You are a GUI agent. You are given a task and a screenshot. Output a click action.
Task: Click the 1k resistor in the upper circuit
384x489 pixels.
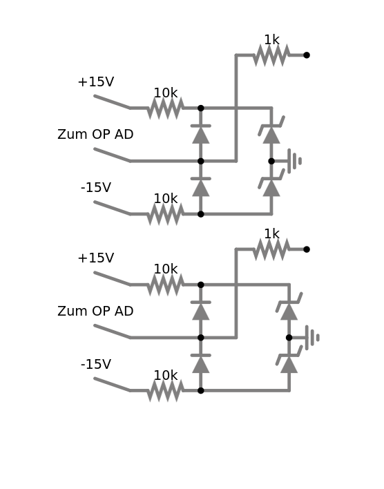271,55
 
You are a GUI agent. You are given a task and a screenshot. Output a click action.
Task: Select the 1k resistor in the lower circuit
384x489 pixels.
271,249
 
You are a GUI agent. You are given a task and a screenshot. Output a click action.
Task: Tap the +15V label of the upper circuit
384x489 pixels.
96,82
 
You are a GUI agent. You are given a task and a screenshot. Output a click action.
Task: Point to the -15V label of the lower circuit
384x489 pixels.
96,364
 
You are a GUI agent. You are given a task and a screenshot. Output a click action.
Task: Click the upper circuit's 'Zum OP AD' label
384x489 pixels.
95,135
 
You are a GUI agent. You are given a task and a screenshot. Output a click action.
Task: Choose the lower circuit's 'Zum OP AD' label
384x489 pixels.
95,311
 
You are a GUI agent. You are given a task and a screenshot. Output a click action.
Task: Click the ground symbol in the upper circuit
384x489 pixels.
294,161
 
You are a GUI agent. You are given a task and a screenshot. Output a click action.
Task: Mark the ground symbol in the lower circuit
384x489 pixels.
312,338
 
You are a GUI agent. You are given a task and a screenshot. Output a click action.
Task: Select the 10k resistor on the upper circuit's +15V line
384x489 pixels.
166,108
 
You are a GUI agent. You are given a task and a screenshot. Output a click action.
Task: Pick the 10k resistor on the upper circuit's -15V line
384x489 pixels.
166,214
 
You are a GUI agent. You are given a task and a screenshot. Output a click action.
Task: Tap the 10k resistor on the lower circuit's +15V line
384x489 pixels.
166,285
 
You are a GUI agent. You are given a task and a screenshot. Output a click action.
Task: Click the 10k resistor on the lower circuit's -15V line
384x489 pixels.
166,391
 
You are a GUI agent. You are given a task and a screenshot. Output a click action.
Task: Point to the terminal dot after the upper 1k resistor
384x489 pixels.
307,55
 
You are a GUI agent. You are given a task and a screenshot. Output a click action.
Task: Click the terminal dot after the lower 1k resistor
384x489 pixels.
307,249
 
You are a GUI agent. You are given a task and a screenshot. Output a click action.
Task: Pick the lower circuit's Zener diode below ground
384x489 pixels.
289,360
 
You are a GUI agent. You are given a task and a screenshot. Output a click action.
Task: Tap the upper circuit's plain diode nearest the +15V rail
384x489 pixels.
201,135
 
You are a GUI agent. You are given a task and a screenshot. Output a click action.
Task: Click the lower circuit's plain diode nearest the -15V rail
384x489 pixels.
201,364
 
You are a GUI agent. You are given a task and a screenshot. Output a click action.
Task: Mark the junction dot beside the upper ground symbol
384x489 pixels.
271,161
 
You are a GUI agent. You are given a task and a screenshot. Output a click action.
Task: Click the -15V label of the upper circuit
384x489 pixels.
96,188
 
